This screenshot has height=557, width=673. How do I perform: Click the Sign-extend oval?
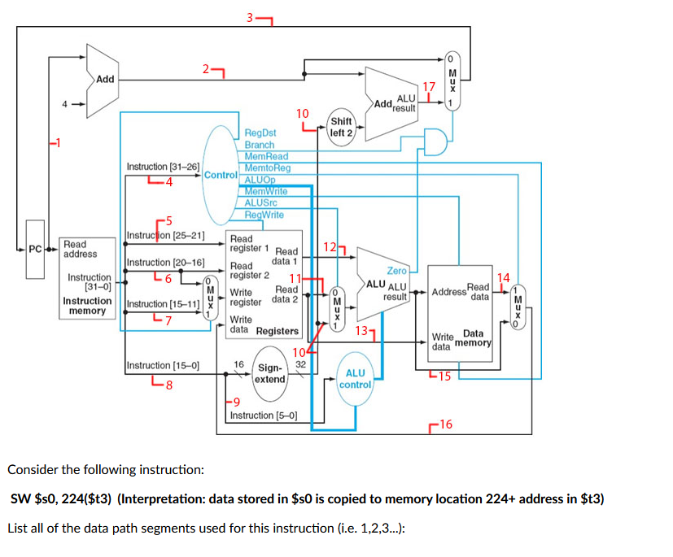(270, 373)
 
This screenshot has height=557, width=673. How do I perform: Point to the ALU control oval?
(356, 378)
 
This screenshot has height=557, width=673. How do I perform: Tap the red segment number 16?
(447, 424)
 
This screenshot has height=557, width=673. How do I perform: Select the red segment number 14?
(503, 278)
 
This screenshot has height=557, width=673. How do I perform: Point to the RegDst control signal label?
(260, 133)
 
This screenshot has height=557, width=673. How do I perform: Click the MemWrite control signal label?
(264, 191)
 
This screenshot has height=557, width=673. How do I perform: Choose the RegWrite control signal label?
(264, 215)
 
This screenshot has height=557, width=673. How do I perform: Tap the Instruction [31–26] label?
(163, 166)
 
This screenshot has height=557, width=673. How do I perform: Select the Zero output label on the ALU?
(397, 270)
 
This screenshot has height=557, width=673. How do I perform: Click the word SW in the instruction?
(20, 498)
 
